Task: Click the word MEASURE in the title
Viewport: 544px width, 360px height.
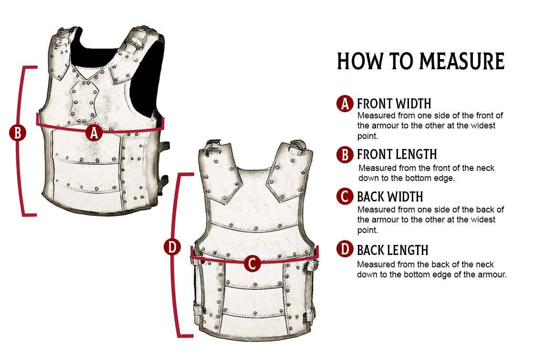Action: point(462,62)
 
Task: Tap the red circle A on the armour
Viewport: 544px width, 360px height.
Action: point(94,132)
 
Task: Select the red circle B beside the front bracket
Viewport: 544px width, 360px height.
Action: point(18,132)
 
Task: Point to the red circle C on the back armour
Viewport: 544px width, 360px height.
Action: point(252,263)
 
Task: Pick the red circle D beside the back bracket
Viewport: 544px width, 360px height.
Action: point(172,247)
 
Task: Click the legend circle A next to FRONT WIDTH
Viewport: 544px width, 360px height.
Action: point(345,104)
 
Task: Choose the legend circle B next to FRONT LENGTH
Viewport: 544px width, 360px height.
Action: point(345,154)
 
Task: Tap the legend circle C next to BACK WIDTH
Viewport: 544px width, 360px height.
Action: point(345,197)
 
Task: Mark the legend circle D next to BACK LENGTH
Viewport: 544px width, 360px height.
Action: point(345,250)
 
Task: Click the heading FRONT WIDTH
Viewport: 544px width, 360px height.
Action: point(394,104)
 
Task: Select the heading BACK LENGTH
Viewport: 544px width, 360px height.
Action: point(393,250)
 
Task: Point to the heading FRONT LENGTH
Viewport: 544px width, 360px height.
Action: point(397,155)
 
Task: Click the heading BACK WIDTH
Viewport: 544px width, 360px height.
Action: point(390,197)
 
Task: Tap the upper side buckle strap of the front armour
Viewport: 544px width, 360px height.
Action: point(163,148)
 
